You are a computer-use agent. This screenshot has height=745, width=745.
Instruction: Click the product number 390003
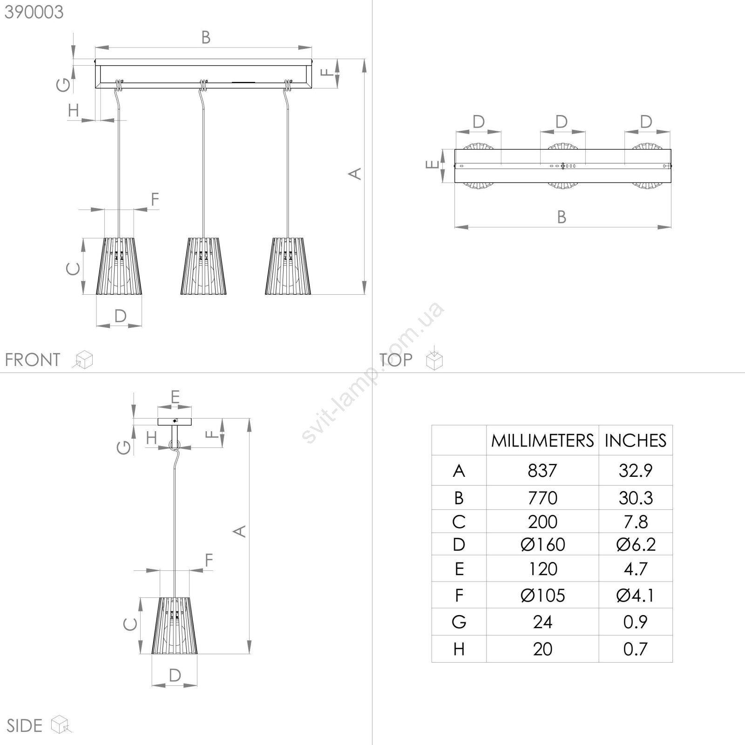(34, 12)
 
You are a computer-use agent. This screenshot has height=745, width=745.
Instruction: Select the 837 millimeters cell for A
(542, 470)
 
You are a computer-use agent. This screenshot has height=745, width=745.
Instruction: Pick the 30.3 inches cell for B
(636, 498)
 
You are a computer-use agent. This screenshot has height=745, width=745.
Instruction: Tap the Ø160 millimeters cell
(542, 544)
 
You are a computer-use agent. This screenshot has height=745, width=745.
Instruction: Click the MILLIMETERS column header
(542, 440)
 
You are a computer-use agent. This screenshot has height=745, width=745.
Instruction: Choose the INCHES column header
(636, 440)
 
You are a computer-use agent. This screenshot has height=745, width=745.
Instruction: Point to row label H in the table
(459, 649)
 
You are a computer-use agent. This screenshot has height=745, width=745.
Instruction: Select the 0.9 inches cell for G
(636, 622)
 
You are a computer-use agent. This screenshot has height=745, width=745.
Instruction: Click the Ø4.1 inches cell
(636, 596)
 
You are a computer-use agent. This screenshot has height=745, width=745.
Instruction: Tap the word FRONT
(33, 359)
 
